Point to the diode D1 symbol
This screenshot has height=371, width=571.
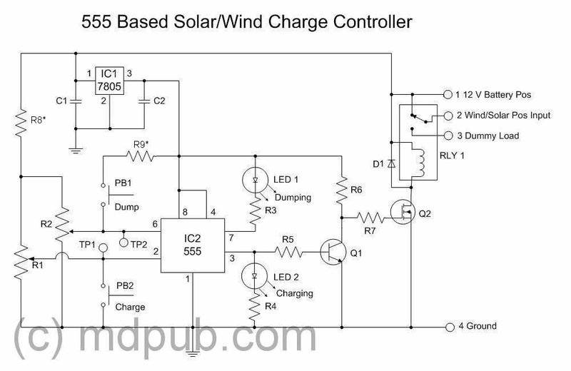coord(391,163)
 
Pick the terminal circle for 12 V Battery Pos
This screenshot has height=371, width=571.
coord(449,93)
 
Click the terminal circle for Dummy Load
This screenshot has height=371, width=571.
coord(449,136)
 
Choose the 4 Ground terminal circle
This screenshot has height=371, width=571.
coord(449,326)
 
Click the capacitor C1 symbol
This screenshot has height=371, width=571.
coord(76,101)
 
